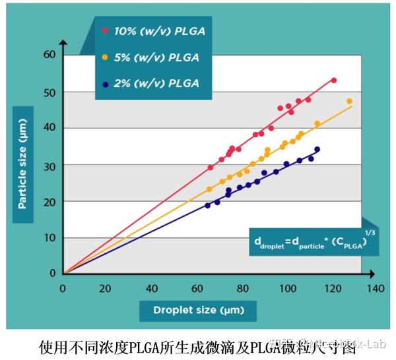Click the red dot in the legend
(x=105, y=30)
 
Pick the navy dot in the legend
(x=105, y=83)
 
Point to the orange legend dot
(x=105, y=57)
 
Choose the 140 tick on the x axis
(x=376, y=288)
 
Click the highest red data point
(x=334, y=80)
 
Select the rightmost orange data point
(x=349, y=101)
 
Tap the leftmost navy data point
(x=208, y=205)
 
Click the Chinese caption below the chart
(x=198, y=345)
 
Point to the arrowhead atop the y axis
(x=63, y=43)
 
